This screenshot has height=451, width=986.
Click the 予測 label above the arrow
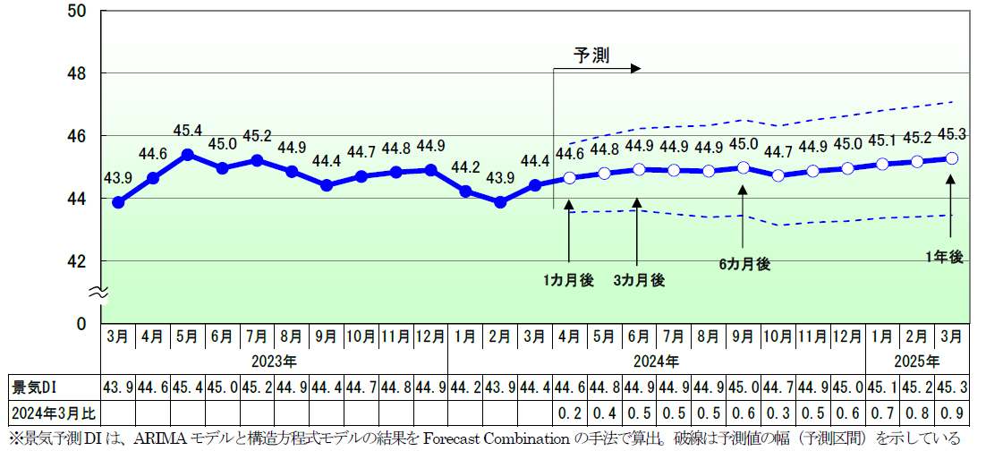tap(591, 55)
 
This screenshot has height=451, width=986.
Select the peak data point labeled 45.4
tap(188, 154)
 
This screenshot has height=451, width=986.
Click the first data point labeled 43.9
tap(118, 202)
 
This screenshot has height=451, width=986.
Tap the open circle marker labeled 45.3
tap(952, 157)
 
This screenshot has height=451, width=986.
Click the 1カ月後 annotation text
tap(568, 280)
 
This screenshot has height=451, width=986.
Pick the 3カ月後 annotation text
tap(639, 280)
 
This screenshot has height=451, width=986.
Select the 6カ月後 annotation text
tap(744, 264)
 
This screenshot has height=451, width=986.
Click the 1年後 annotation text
tap(944, 257)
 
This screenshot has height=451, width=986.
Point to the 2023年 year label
tap(274, 362)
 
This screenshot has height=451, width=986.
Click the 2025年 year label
tap(917, 362)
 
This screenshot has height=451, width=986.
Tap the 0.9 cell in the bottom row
tap(952, 413)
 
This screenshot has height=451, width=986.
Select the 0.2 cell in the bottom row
tap(569, 413)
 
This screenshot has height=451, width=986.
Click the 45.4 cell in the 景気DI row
tap(187, 387)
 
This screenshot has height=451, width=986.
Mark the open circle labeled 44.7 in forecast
tap(778, 175)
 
